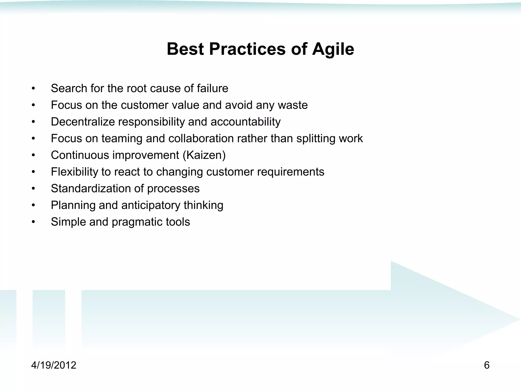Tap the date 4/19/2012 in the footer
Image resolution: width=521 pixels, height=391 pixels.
click(54, 365)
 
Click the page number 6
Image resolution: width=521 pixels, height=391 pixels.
click(486, 365)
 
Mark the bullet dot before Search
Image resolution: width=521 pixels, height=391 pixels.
click(33, 89)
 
